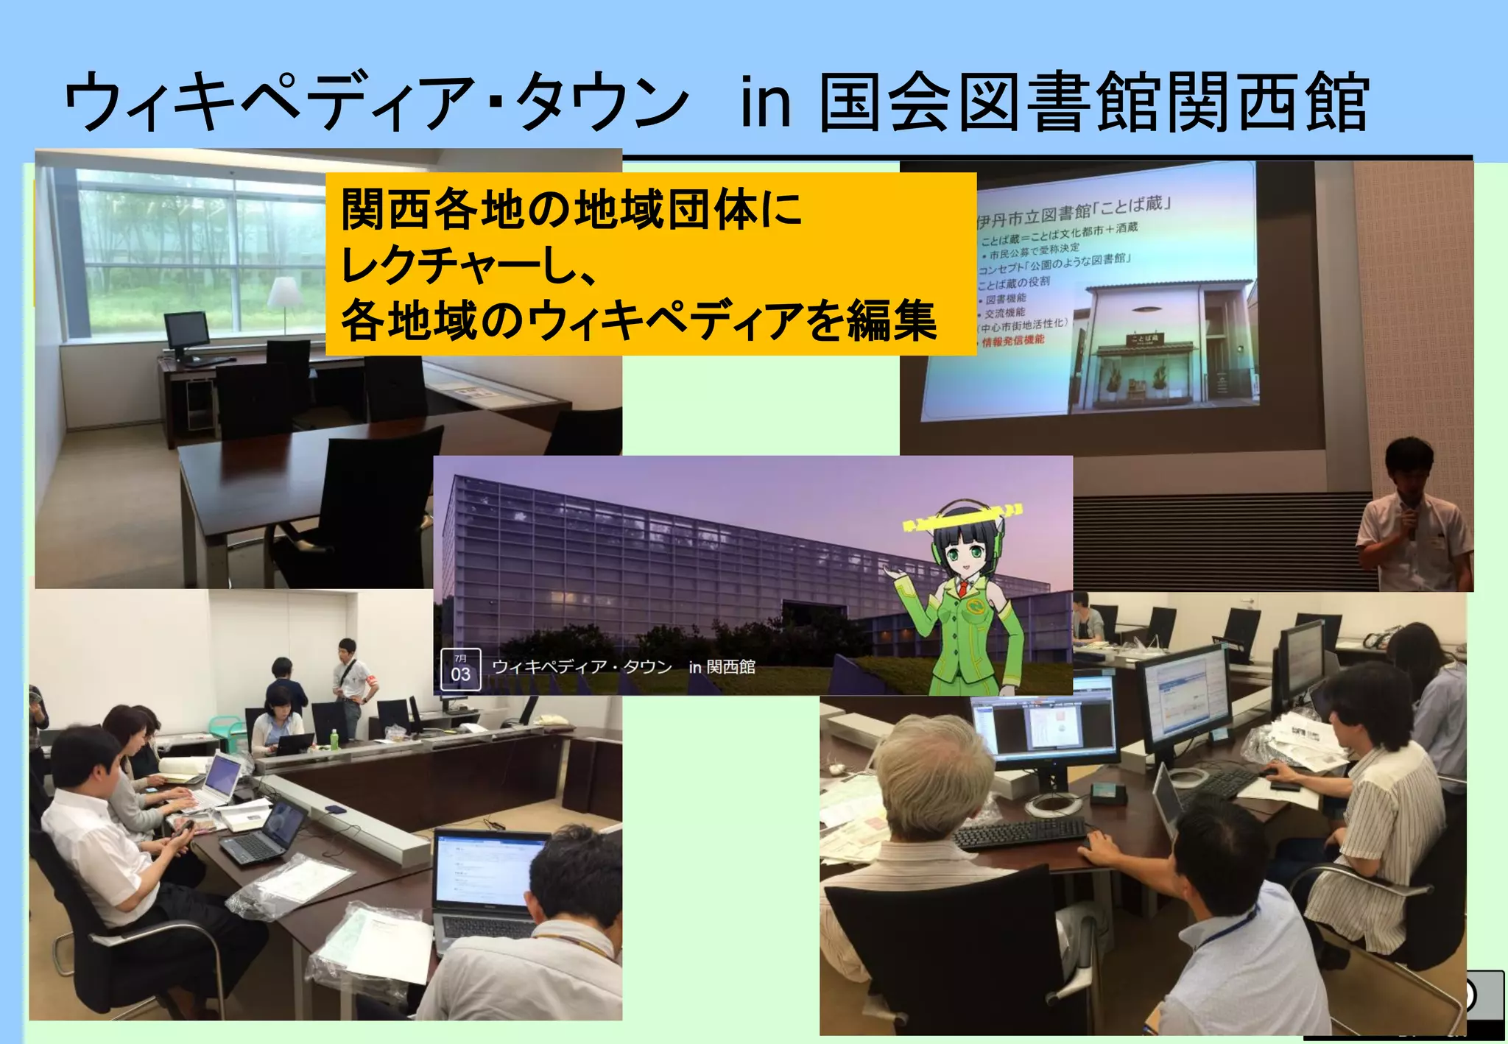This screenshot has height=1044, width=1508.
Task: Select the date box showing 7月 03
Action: click(x=460, y=669)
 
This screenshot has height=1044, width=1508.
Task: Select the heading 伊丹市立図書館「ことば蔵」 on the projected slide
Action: click(x=1072, y=211)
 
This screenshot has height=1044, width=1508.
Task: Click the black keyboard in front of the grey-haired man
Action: click(x=1020, y=833)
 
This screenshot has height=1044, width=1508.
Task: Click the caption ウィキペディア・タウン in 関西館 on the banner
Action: click(x=623, y=667)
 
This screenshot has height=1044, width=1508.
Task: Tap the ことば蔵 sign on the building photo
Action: click(x=1144, y=339)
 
